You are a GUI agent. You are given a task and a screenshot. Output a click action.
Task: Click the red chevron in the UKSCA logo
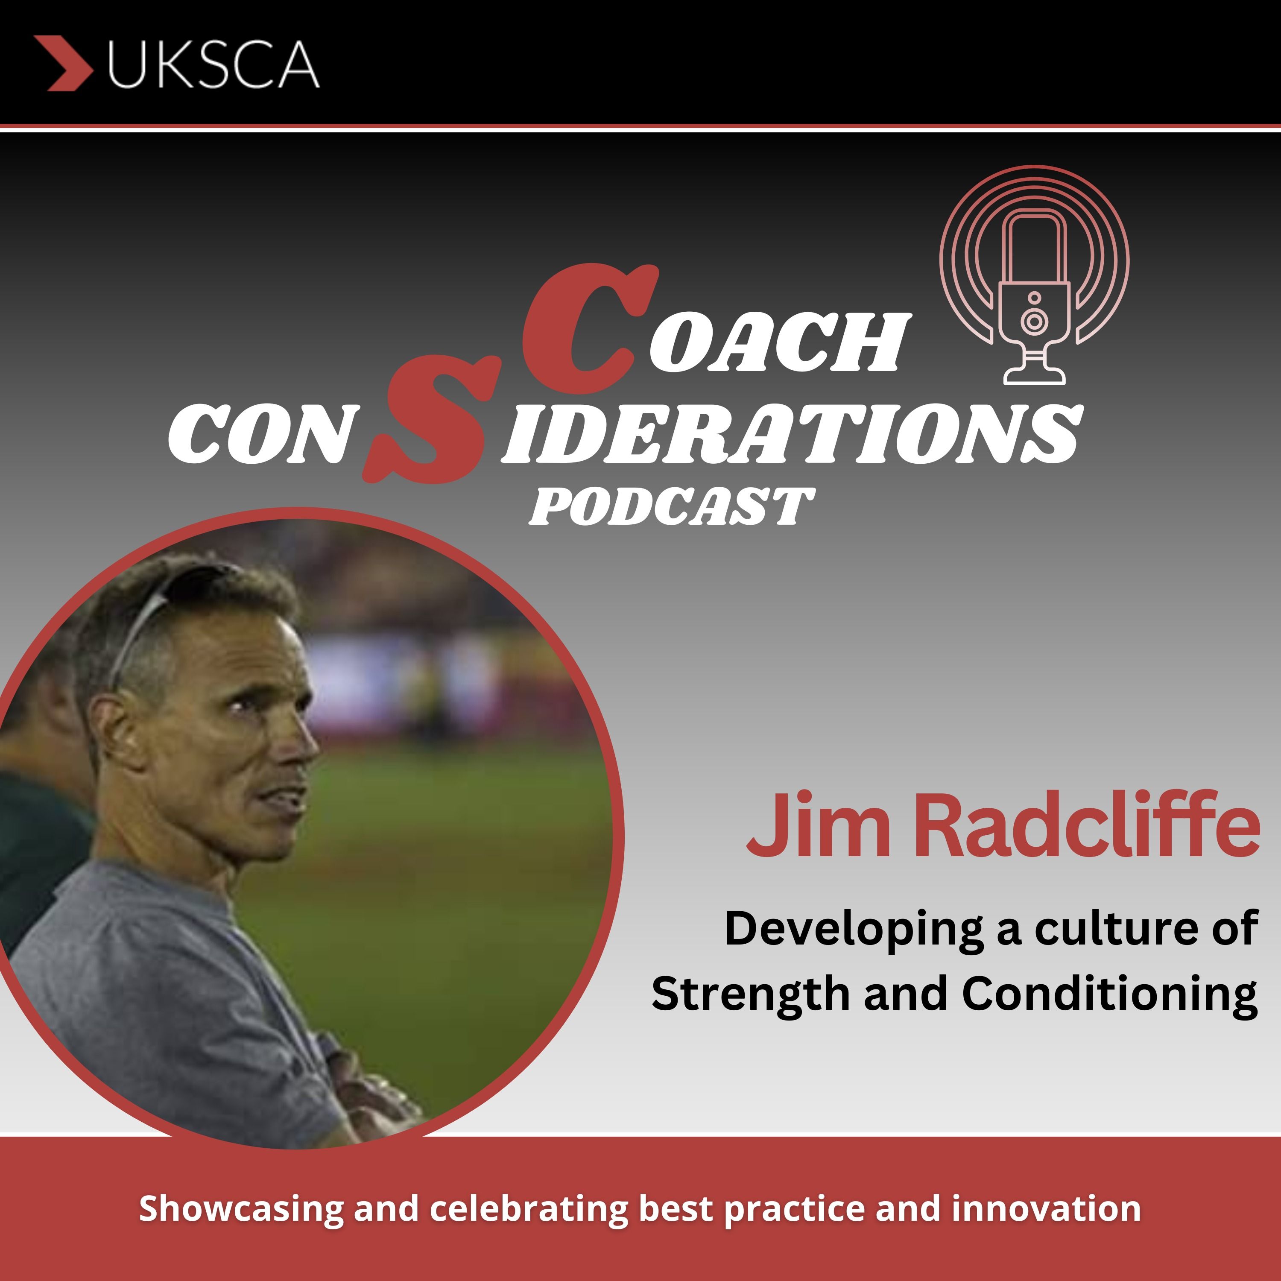tap(64, 63)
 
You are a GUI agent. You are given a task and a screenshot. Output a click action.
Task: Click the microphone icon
tap(1034, 275)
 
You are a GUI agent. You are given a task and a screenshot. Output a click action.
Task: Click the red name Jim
tap(818, 827)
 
